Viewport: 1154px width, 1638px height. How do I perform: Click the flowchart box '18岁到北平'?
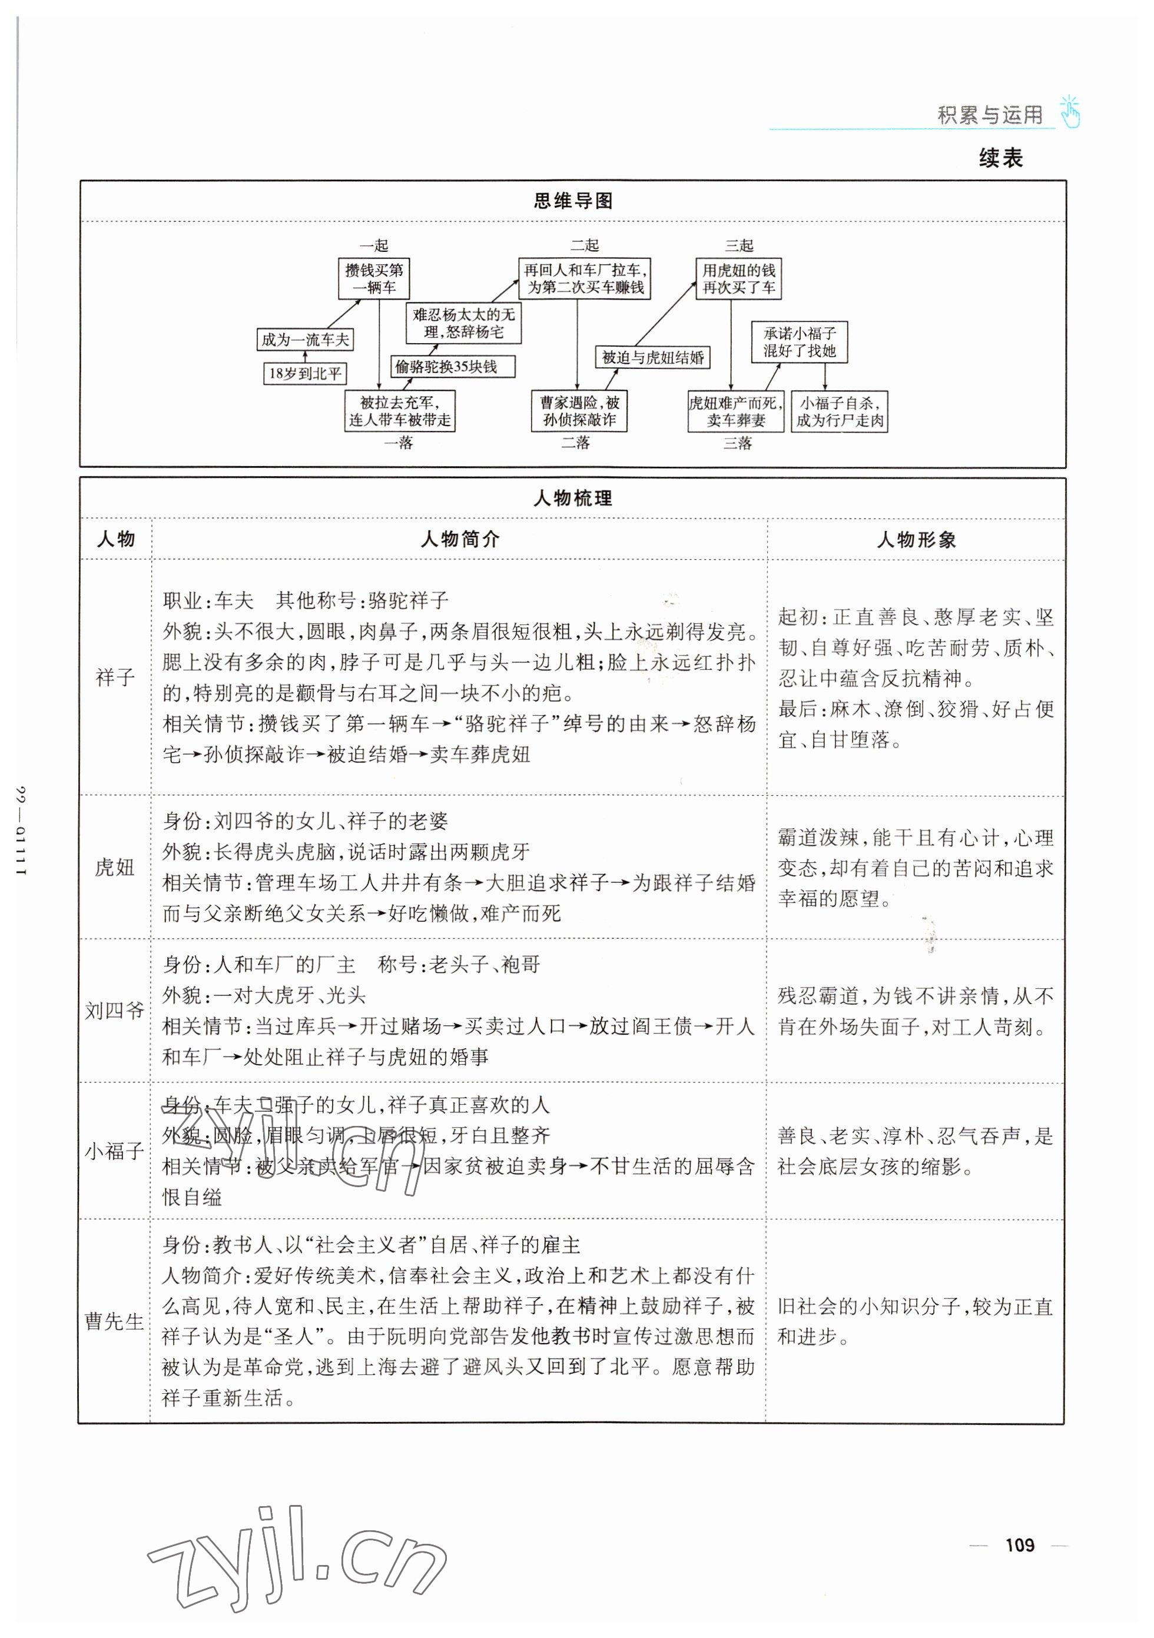coord(305,373)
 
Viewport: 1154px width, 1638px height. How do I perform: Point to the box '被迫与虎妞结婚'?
coord(652,357)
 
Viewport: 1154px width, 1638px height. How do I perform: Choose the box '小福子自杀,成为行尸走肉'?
coord(839,411)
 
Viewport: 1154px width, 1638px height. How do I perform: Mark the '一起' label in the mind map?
coord(374,245)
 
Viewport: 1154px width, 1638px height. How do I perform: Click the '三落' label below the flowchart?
coord(737,443)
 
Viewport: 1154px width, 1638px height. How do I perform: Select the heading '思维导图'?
coord(573,201)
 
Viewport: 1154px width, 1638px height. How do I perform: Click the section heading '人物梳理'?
coord(573,498)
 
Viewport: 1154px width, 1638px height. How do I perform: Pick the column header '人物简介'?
coord(460,539)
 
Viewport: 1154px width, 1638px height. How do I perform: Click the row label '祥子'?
coord(115,676)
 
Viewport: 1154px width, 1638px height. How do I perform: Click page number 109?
coord(1019,1544)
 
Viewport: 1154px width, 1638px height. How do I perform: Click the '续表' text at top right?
coord(1000,158)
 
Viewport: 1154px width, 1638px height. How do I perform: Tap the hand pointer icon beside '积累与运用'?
coord(1069,111)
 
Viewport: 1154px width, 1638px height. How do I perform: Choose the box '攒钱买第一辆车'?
coord(374,279)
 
